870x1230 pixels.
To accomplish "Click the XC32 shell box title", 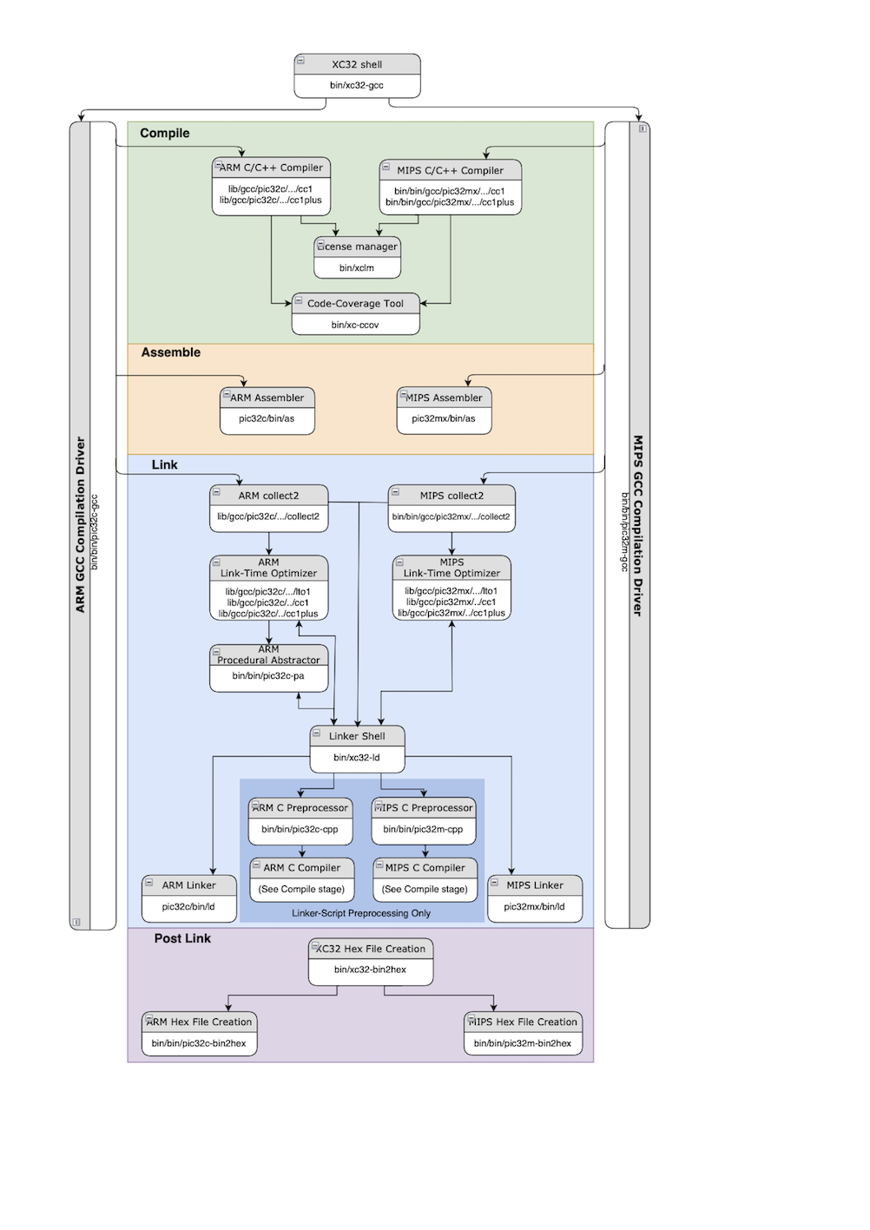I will click(357, 64).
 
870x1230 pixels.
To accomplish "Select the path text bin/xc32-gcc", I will click(357, 85).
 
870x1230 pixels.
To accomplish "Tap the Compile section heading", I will click(164, 133).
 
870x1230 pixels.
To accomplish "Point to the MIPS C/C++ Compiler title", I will click(450, 170).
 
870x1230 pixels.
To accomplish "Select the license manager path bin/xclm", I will click(357, 267).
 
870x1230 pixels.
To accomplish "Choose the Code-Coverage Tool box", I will click(356, 313).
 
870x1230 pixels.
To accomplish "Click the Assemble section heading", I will click(170, 352).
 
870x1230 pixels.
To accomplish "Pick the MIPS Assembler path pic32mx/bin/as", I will click(444, 418).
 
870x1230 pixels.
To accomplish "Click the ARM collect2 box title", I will click(268, 496).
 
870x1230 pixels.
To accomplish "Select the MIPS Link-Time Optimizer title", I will click(451, 568).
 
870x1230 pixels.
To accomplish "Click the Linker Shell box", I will click(357, 747).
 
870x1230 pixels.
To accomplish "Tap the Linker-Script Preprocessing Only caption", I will click(361, 913).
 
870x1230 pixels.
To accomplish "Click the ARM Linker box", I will click(188, 897).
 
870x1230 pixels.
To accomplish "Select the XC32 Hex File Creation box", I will click(371, 960).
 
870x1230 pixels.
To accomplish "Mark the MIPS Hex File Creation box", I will click(523, 1032).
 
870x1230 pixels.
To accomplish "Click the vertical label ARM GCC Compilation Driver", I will click(81, 525).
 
